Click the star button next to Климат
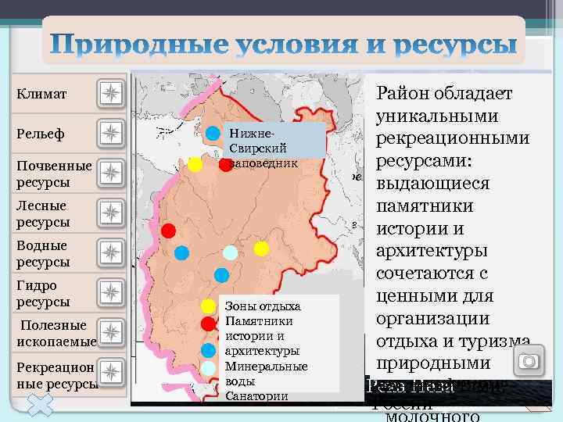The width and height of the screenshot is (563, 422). click(x=111, y=94)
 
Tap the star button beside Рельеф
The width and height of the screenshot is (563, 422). click(x=111, y=134)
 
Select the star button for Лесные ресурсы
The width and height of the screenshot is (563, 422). click(x=111, y=213)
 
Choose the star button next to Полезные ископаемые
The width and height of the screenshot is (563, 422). click(x=111, y=333)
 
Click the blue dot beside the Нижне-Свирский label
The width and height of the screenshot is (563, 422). click(x=213, y=132)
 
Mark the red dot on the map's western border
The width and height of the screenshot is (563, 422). click(x=168, y=231)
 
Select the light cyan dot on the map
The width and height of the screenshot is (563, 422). click(x=230, y=252)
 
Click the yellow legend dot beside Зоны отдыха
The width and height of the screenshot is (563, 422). click(x=208, y=306)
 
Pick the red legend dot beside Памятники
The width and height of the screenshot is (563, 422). click(x=208, y=322)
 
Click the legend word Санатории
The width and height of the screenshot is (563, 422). click(x=256, y=395)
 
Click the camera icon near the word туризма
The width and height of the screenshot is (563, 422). click(x=531, y=361)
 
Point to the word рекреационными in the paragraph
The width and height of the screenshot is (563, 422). click(x=453, y=138)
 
